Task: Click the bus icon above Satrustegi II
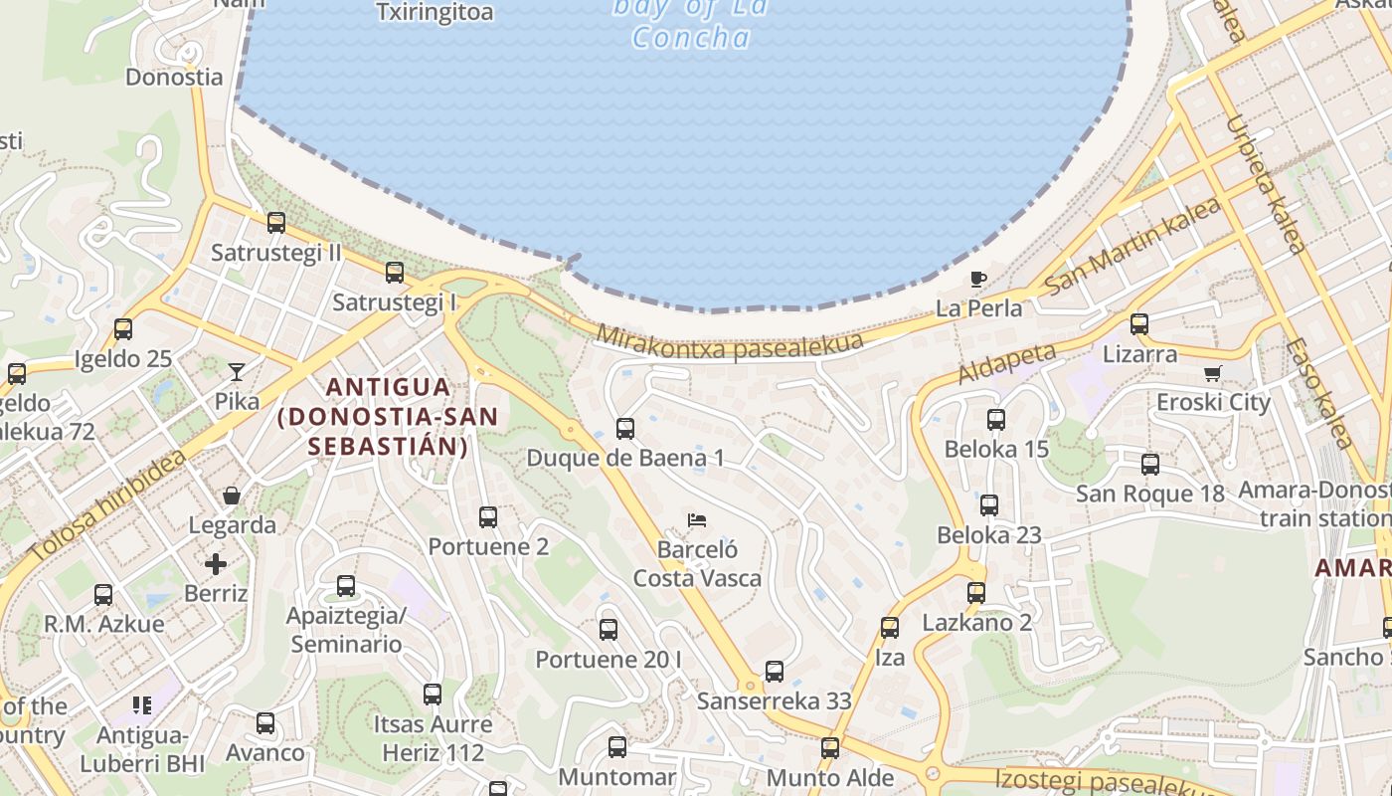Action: [x=276, y=223]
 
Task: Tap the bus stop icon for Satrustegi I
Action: [x=395, y=272]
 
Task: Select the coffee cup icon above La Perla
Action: [x=978, y=279]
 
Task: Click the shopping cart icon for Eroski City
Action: [x=1212, y=373]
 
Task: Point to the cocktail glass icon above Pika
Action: [x=236, y=372]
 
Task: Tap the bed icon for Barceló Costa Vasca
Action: [x=697, y=520]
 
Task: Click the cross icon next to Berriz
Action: [x=216, y=564]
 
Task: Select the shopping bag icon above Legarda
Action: [x=232, y=495]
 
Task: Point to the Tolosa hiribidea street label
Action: [x=106, y=505]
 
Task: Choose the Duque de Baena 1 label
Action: [x=625, y=458]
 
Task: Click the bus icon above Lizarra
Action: [x=1139, y=323]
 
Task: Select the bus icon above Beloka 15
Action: [x=996, y=420]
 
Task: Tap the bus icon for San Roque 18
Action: [x=1150, y=464]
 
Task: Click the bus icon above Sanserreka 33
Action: [x=775, y=672]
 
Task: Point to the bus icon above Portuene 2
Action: [x=488, y=517]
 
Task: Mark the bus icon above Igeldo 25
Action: [x=123, y=329]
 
